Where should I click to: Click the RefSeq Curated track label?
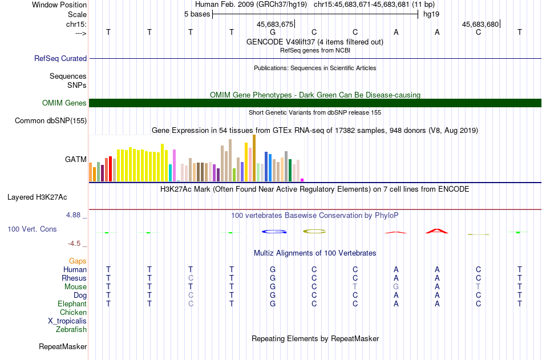[x=60, y=58]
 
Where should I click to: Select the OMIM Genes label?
[x=64, y=103]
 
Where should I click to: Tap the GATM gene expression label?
[x=76, y=159]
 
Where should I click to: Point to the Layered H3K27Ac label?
[x=37, y=197]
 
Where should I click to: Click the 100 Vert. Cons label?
[x=32, y=229]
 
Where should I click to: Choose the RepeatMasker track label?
[x=63, y=346]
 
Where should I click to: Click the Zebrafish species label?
[x=71, y=330]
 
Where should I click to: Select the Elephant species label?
[x=72, y=304]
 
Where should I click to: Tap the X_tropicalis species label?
[x=67, y=321]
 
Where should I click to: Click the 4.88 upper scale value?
[x=73, y=215]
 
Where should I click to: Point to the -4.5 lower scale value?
[x=74, y=244]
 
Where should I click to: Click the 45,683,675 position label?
[x=275, y=24]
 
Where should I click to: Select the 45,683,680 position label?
[x=480, y=24]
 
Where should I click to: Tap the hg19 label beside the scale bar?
[x=431, y=14]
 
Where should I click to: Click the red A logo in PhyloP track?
[x=437, y=231]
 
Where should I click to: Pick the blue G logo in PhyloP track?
[x=274, y=232]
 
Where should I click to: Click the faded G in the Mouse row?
[x=396, y=286]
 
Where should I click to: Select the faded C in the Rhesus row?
[x=191, y=278]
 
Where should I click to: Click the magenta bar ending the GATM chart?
[x=302, y=180]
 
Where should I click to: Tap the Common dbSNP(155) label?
[x=51, y=121]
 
